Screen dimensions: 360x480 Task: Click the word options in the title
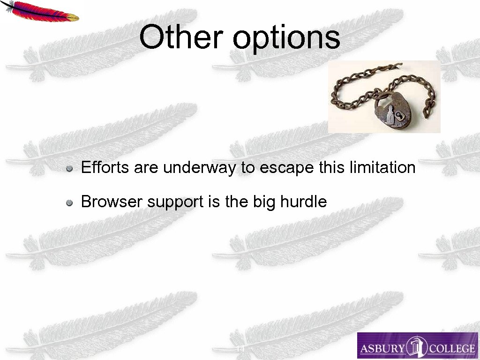click(x=286, y=38)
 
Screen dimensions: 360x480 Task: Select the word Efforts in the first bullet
click(x=105, y=167)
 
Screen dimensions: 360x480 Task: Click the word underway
click(x=200, y=167)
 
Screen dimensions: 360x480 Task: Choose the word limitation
click(x=382, y=167)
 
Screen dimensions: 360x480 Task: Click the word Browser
click(x=112, y=202)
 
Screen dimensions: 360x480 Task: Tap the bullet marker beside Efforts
click(x=69, y=168)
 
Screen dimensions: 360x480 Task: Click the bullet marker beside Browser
click(x=69, y=202)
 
